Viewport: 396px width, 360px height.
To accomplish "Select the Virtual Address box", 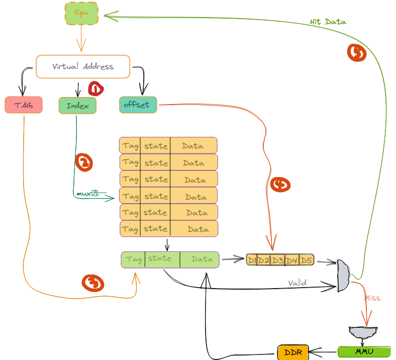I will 83,66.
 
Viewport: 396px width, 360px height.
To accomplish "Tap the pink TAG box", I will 23,105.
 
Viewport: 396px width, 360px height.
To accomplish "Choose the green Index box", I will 77,106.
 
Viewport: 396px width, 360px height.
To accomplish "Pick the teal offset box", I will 138,105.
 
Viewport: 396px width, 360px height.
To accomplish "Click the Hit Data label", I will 328,22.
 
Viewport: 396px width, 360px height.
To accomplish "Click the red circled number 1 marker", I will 95,89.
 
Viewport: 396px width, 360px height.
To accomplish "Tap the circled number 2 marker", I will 84,162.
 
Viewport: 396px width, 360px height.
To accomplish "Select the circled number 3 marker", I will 93,283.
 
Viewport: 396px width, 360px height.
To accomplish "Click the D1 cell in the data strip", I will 252,260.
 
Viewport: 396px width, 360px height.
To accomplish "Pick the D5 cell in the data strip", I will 307,260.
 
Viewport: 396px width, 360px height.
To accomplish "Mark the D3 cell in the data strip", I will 277,260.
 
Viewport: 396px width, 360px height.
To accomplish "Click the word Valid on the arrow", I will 298,283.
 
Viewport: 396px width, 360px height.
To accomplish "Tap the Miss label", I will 372,298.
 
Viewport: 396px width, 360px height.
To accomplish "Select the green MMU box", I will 364,351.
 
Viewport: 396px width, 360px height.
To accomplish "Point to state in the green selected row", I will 161,259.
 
